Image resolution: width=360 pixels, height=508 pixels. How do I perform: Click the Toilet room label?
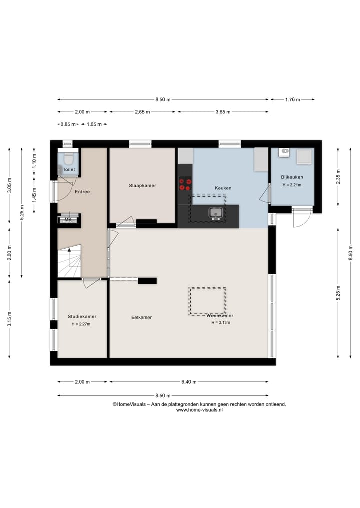69,170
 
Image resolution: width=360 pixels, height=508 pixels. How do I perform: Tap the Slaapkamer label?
142,185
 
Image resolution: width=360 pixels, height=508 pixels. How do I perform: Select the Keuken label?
223,188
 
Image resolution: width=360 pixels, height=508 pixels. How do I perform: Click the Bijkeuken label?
292,177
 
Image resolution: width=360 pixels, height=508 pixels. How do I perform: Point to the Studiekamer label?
82,316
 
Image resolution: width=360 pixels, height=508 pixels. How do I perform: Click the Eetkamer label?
141,317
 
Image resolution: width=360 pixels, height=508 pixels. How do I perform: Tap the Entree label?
82,191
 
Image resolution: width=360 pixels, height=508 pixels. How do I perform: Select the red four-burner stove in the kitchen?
185,184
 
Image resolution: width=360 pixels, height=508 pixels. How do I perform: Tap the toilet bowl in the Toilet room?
69,159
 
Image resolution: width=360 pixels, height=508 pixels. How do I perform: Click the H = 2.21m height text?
292,185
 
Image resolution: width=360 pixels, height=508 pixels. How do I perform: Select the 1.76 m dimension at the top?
292,99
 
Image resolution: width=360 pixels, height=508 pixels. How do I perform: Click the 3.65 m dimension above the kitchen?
222,112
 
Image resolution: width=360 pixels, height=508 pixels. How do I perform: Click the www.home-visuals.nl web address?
199,410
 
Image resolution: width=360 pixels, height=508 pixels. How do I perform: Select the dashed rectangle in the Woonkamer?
207,301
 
